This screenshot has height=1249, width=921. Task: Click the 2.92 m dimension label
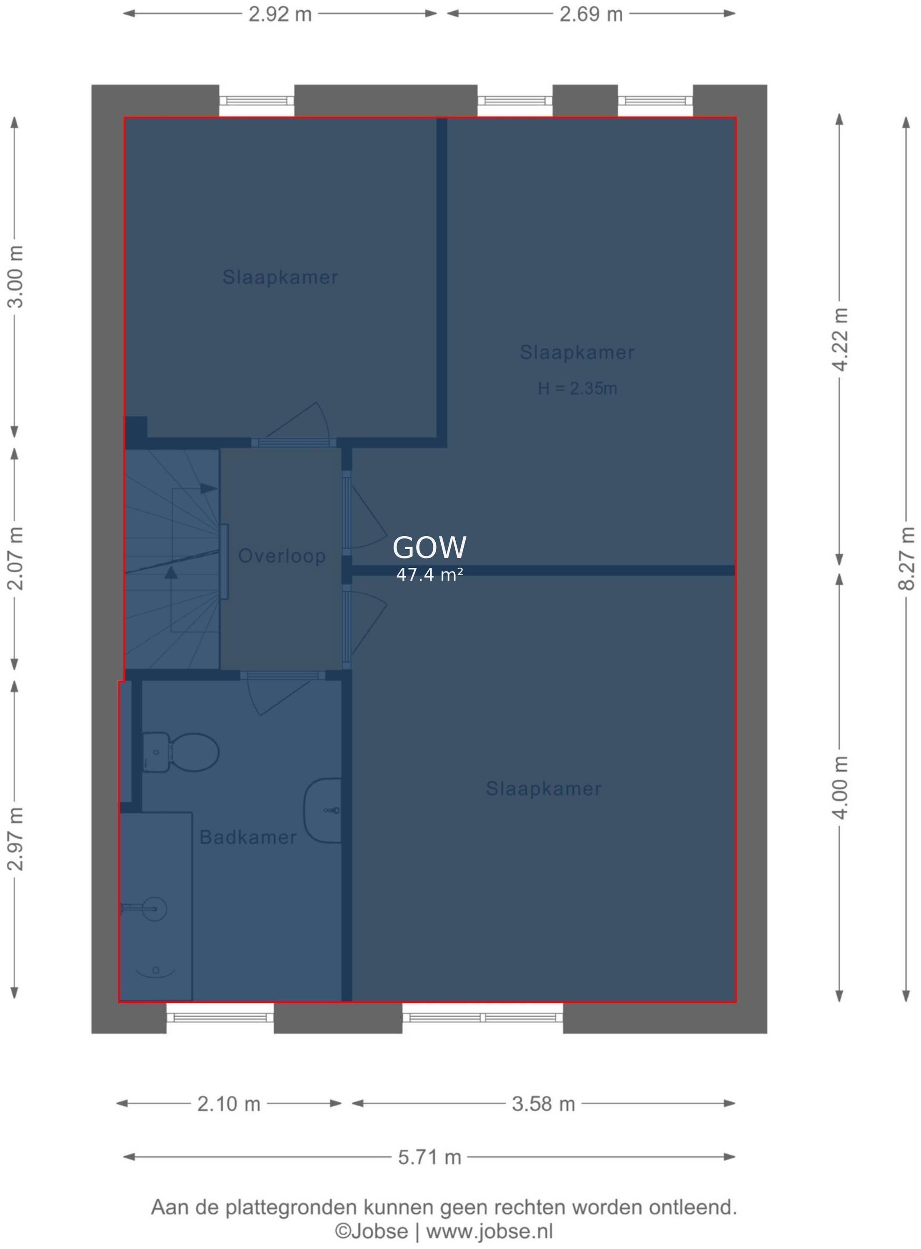[x=280, y=14]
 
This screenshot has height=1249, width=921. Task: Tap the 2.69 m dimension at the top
[x=591, y=14]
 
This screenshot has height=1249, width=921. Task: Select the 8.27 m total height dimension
[x=906, y=557]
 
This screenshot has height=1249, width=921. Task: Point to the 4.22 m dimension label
[x=840, y=339]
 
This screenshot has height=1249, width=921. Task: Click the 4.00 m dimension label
[x=840, y=788]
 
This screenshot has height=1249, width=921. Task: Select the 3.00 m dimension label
[x=15, y=276]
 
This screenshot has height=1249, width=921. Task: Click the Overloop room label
[x=282, y=556]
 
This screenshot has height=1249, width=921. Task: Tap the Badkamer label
[x=248, y=837]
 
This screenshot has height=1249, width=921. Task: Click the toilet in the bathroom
[x=180, y=752]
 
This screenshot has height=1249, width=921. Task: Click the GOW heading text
[x=429, y=547]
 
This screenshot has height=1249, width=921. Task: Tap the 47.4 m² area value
[x=429, y=575]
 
